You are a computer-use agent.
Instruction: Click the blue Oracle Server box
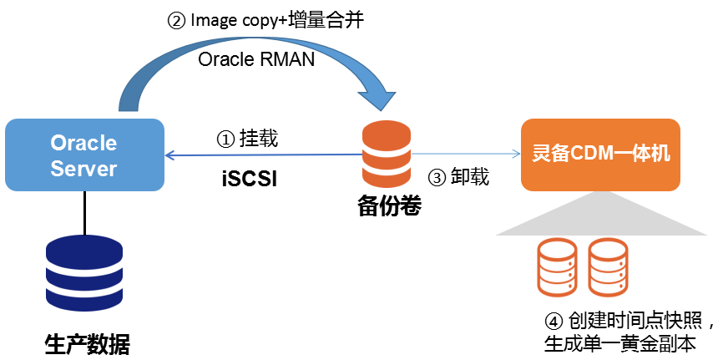[83, 155]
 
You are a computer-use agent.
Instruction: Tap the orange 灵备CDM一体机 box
[600, 155]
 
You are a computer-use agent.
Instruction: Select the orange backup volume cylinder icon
[386, 155]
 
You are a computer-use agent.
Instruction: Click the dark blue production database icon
[83, 272]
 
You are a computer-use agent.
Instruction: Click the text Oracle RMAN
[256, 60]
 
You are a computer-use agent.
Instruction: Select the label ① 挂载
[247, 139]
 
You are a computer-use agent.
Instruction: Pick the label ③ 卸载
[458, 177]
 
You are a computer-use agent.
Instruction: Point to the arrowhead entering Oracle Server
[169, 155]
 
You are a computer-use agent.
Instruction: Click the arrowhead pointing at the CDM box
[511, 154]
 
